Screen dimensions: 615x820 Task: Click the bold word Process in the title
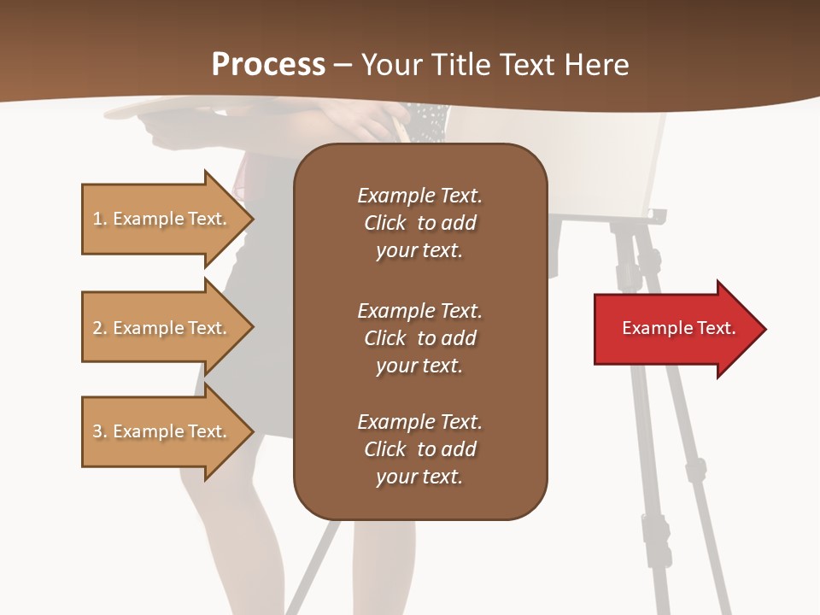[268, 65]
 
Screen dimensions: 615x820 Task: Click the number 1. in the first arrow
[100, 220]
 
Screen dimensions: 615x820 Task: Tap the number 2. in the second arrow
[100, 329]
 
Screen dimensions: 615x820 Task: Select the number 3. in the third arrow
[100, 432]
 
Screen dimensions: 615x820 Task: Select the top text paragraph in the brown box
[419, 223]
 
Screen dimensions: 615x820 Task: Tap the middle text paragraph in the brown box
[419, 338]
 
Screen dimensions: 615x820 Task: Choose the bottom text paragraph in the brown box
[419, 449]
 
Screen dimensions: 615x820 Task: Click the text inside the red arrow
[678, 328]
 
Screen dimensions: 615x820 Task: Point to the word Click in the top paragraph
[384, 223]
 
